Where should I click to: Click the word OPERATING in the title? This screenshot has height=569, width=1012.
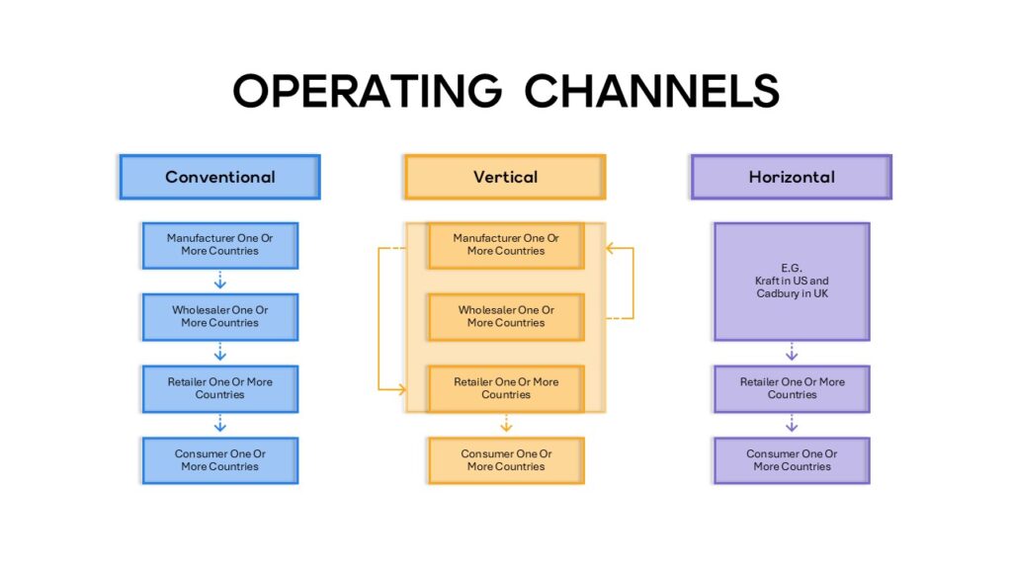[x=367, y=91]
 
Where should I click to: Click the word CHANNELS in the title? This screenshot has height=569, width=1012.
[x=652, y=91]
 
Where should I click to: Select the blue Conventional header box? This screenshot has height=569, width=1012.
[x=219, y=178]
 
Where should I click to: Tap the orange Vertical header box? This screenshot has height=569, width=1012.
[x=505, y=178]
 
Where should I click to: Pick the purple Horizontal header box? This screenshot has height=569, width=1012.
[x=791, y=178]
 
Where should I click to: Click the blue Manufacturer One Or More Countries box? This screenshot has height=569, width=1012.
[x=219, y=245]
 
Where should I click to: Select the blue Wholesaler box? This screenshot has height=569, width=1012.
[x=219, y=317]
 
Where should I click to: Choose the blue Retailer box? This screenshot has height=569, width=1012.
[x=219, y=388]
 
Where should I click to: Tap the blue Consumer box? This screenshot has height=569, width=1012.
[x=219, y=460]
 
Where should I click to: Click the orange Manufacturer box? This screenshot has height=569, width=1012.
[x=505, y=245]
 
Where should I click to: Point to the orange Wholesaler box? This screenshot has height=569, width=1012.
[x=505, y=317]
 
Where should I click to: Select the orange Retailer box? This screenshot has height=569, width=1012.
[x=505, y=388]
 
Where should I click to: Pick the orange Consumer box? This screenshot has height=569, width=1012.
[x=505, y=460]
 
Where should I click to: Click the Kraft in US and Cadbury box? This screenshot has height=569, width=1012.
[x=791, y=282]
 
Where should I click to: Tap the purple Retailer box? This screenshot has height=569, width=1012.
[x=791, y=388]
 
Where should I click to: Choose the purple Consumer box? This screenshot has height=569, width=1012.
[x=791, y=460]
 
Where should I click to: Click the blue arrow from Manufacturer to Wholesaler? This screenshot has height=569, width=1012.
[x=220, y=281]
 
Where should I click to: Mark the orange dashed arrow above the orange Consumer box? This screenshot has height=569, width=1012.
[x=506, y=425]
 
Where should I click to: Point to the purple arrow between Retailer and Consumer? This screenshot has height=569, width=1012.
[x=792, y=425]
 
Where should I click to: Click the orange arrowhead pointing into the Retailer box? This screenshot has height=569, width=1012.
[x=400, y=390]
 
